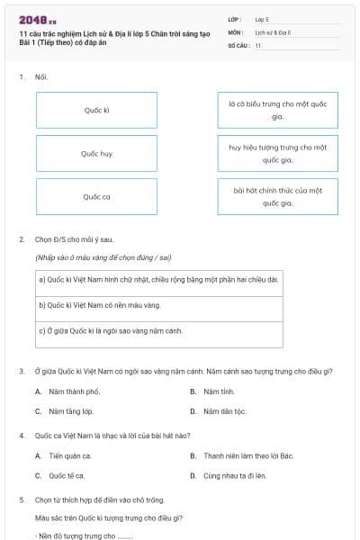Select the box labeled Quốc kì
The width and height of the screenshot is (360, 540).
pos(96,110)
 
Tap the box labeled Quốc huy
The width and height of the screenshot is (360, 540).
pos(96,153)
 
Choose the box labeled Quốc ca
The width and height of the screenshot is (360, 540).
pos(96,196)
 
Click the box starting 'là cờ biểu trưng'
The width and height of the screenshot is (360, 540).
pos(277,110)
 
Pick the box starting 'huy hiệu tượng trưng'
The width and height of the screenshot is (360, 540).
pos(277,153)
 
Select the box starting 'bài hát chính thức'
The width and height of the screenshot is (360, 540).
pos(277,196)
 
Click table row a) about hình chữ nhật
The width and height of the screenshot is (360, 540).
pos(158,279)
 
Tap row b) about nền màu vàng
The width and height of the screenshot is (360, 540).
pos(158,305)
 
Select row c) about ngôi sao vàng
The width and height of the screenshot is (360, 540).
pos(158,330)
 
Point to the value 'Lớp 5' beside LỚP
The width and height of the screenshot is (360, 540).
pos(262,18)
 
